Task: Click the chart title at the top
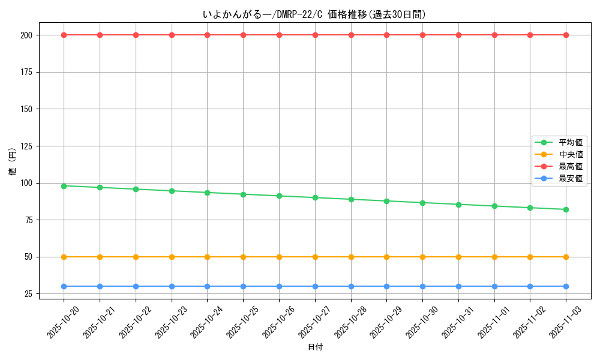click(x=315, y=14)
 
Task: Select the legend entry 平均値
click(x=571, y=143)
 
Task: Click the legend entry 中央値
click(x=571, y=155)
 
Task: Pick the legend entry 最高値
click(x=571, y=167)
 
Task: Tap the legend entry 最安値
click(x=571, y=179)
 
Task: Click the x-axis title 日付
click(x=315, y=347)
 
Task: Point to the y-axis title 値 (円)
click(x=13, y=162)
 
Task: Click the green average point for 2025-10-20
click(x=64, y=186)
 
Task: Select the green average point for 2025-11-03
click(x=566, y=209)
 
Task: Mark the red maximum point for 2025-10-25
click(x=243, y=35)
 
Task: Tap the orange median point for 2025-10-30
click(x=422, y=257)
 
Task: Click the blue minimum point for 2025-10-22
click(x=136, y=286)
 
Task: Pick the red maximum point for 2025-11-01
click(x=494, y=35)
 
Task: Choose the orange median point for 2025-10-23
click(x=172, y=257)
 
